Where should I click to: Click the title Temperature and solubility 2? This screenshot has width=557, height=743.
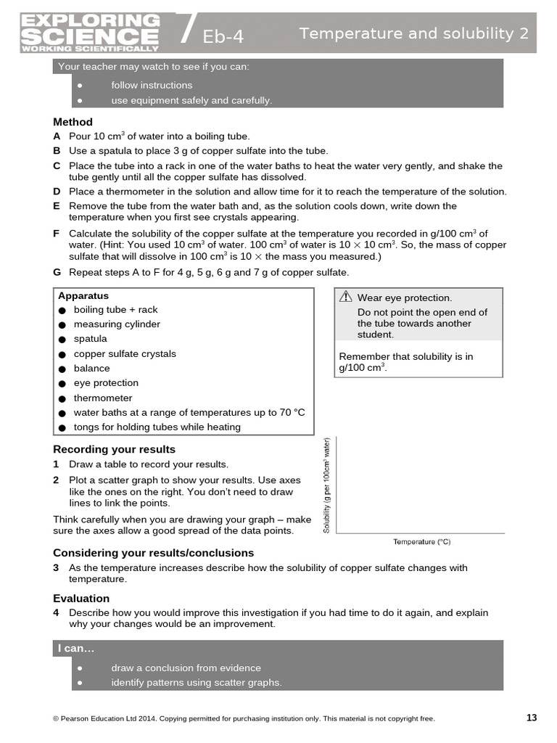click(413, 33)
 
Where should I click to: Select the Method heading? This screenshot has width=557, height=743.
click(73, 122)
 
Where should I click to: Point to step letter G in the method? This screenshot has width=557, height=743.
click(57, 272)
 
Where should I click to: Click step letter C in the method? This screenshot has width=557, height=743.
click(57, 165)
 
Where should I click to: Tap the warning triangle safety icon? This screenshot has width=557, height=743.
click(346, 297)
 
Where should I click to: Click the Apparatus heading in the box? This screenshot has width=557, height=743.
click(83, 296)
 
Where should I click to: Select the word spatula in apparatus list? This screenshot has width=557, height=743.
click(90, 339)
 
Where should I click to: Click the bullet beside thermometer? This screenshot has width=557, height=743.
click(62, 398)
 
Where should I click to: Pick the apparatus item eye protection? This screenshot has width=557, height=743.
click(106, 383)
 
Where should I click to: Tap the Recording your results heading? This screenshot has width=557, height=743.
click(114, 449)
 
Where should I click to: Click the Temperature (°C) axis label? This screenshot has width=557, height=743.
click(421, 541)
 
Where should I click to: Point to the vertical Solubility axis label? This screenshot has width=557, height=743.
click(327, 485)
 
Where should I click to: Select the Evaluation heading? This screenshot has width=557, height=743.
click(81, 599)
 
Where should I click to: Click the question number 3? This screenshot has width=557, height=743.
click(56, 567)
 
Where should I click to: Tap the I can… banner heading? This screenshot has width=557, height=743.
click(76, 648)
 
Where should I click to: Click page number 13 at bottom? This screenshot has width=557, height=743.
click(532, 718)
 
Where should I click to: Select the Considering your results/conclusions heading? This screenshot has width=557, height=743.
click(153, 553)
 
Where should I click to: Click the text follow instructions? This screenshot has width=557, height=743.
click(152, 85)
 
